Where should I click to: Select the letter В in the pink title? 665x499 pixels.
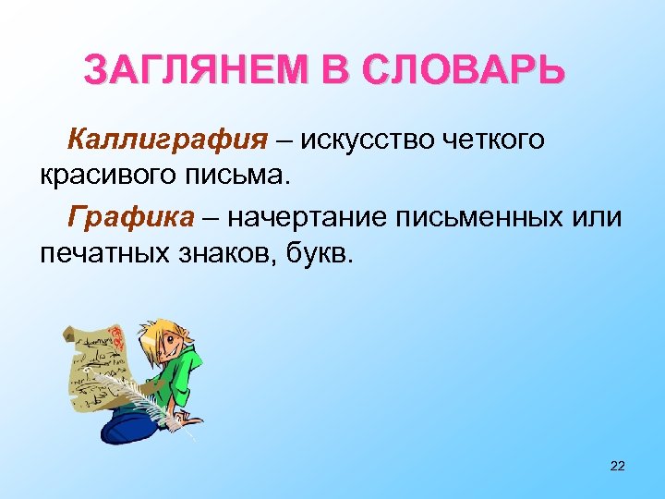point(338,69)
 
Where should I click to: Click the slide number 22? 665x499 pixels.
point(618,465)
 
